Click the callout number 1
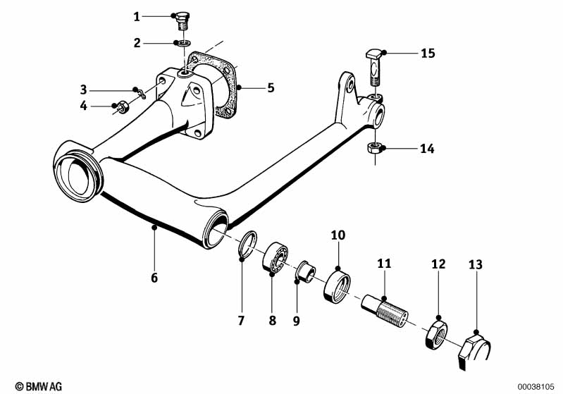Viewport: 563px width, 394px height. tap(137, 16)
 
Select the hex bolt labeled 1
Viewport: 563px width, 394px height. tap(184, 22)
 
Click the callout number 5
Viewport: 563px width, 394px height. tap(271, 87)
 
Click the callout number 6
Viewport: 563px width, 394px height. tap(154, 277)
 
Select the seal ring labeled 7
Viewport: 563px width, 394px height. tap(248, 245)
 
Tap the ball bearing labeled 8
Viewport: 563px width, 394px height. tap(276, 257)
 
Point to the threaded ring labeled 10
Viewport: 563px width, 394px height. tap(337, 288)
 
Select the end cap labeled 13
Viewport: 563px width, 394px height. tap(474, 350)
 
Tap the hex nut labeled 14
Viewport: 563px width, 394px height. tap(374, 147)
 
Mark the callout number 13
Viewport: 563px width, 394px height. tap(476, 265)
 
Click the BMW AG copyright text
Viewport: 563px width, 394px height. tap(39, 386)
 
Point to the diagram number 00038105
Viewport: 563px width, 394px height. tap(536, 387)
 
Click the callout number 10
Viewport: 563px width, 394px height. tap(338, 235)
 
